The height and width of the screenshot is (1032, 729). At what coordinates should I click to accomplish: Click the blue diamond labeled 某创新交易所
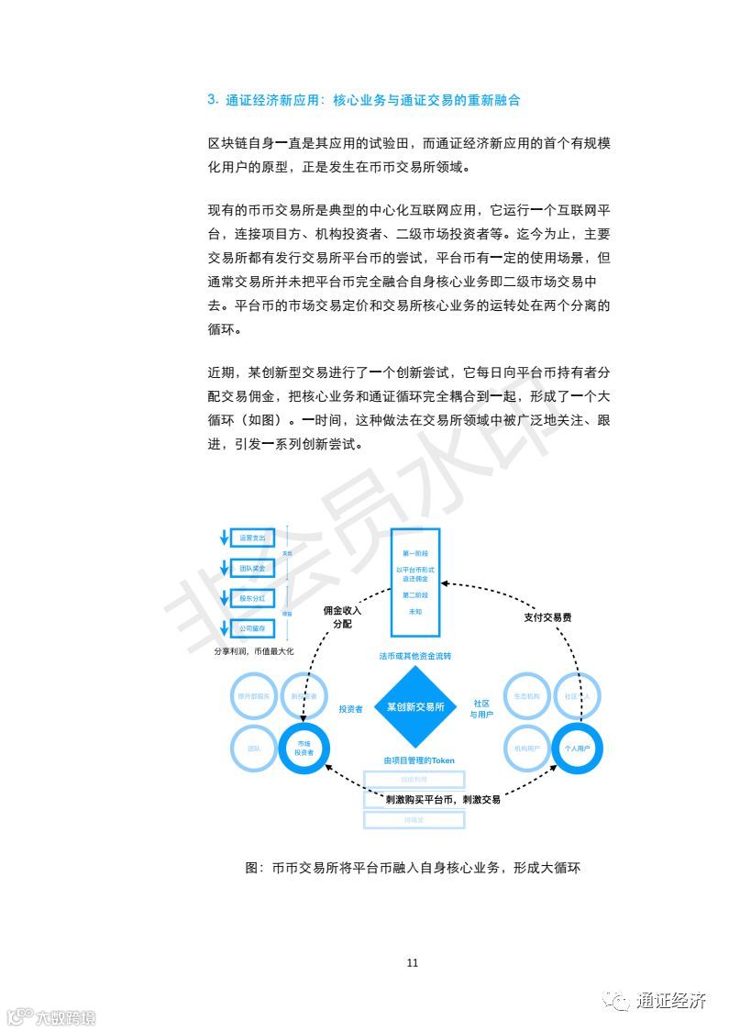415,707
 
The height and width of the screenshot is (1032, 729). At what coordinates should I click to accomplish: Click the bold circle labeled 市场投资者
304,749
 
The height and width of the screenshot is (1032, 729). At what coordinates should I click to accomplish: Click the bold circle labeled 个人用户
575,749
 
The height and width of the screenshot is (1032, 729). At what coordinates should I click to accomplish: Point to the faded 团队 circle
254,749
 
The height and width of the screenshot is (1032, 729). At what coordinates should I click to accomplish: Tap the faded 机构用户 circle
526,749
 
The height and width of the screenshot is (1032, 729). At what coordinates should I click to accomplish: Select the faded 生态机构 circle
526,697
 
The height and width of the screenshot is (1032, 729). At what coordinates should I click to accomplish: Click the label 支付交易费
547,617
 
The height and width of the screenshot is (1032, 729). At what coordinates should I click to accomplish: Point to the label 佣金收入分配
342,616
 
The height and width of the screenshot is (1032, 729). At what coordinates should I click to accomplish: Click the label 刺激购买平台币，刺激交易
443,799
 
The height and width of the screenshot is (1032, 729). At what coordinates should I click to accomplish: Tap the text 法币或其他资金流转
415,656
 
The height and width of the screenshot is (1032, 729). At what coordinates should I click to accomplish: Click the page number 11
412,962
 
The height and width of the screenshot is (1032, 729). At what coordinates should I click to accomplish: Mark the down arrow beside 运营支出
222,538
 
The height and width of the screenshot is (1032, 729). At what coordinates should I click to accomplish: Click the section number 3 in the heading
212,100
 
